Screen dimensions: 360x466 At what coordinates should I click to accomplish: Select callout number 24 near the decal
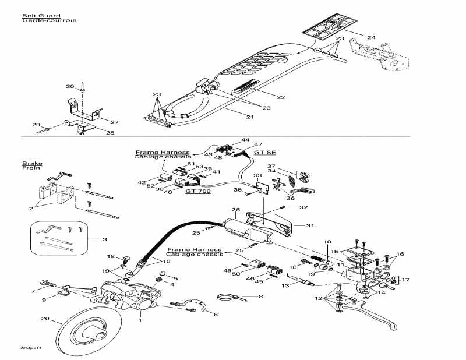[371, 38]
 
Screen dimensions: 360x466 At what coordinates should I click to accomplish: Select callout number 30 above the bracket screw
[70, 86]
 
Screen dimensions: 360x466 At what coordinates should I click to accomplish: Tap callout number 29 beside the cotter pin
[36, 125]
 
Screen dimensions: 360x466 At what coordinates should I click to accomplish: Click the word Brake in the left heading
[29, 164]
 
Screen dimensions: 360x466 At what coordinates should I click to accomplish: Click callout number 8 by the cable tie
[260, 297]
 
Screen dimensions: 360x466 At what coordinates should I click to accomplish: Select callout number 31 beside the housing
[309, 226]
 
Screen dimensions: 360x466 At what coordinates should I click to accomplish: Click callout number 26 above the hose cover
[235, 210]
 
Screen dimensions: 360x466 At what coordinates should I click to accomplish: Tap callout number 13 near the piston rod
[285, 286]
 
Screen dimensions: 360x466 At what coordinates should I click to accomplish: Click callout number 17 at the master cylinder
[405, 280]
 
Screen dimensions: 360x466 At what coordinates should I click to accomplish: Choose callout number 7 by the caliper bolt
[34, 290]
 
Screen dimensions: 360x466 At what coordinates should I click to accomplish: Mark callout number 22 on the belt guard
[264, 97]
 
